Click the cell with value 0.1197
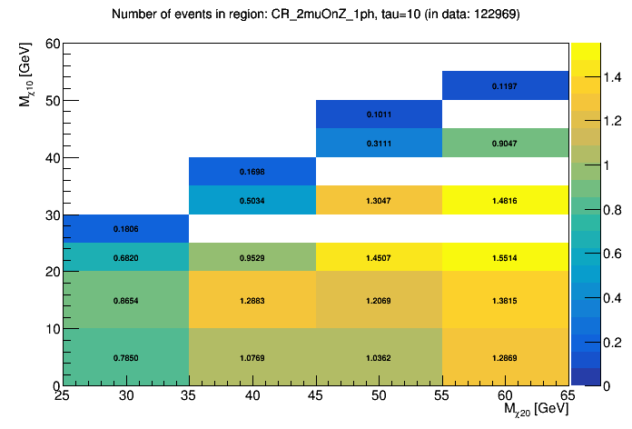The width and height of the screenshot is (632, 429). pyautogui.click(x=505, y=85)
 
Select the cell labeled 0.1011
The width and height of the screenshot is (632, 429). pyautogui.click(x=379, y=115)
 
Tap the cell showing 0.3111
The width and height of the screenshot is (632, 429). pyautogui.click(x=379, y=143)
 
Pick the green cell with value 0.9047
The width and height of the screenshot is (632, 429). pyautogui.click(x=505, y=143)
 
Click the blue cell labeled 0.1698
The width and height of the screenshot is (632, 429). pyautogui.click(x=252, y=171)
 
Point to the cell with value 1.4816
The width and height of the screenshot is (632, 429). pyautogui.click(x=505, y=199)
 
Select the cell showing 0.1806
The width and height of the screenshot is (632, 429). pyautogui.click(x=126, y=228)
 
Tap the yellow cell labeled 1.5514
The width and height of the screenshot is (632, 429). pyautogui.click(x=505, y=256)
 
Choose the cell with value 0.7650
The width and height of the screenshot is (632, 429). pyautogui.click(x=126, y=357)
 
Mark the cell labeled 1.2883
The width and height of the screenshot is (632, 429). pyautogui.click(x=252, y=299)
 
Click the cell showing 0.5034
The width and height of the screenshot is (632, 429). pyautogui.click(x=252, y=199)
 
